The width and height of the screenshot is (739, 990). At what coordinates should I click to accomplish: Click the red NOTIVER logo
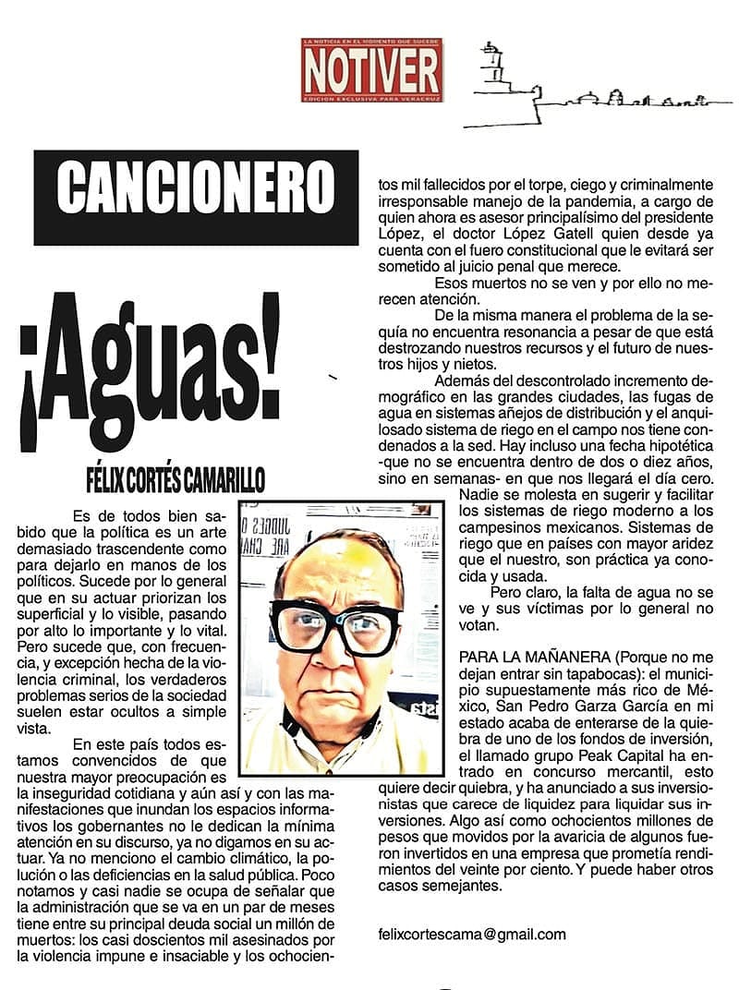[x=371, y=69]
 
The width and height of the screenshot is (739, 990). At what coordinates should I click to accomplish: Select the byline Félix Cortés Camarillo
[x=175, y=480]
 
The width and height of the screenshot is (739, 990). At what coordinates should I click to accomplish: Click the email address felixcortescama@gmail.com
[x=472, y=934]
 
